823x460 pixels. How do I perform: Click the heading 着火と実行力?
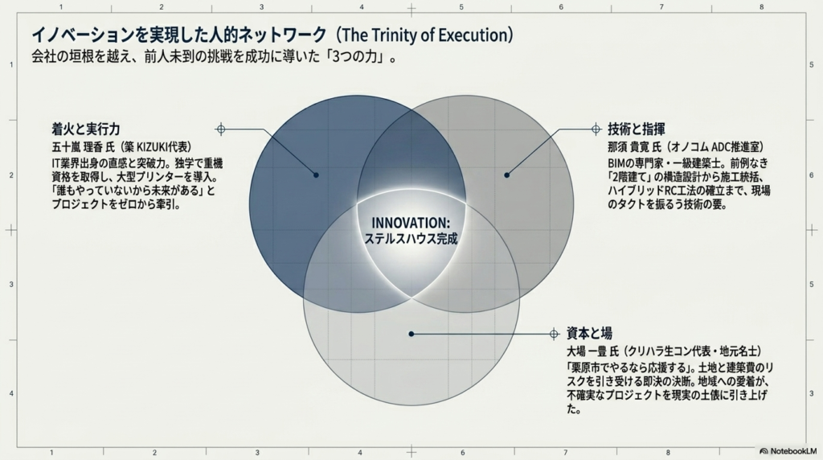pos(86,129)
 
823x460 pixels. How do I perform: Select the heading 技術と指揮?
pos(637,129)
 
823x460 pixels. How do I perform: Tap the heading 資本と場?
pos(589,334)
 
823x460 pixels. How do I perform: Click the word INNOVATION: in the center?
pos(411,223)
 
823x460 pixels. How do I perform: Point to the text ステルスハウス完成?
pos(411,239)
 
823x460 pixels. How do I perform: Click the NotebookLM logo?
pos(788,451)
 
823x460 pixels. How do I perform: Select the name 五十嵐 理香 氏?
pos(83,147)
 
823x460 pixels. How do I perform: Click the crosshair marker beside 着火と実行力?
pos(221,129)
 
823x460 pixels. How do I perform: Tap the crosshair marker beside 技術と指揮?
pos(596,129)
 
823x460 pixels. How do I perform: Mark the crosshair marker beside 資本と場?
pos(554,334)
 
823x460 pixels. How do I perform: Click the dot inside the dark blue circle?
pos(316,175)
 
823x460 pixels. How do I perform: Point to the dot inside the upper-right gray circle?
pos(506,175)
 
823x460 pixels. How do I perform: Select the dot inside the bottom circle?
pos(411,334)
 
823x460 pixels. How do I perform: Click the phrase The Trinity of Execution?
pos(424,35)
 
